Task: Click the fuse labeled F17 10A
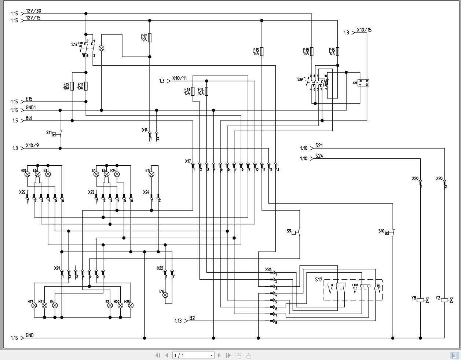point(150,38)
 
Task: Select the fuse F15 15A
point(262,51)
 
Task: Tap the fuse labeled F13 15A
point(193,91)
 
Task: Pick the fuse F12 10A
point(72,86)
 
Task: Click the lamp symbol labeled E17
point(151,175)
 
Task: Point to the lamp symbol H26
point(27,175)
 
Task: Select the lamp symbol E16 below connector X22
point(165,295)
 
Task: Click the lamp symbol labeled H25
point(131,305)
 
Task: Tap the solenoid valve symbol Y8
point(422,300)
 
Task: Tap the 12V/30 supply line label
point(33,11)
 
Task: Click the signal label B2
point(192,318)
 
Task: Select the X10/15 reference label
point(364,30)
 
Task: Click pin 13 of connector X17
point(276,167)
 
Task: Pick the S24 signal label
point(319,156)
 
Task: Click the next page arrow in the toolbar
point(219,355)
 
